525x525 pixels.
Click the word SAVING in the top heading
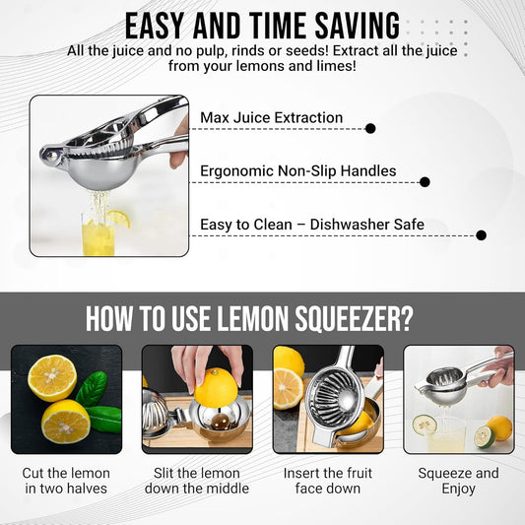tap(358, 26)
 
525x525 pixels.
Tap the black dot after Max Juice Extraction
tap(370, 128)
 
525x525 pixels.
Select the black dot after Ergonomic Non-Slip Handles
tap(425, 182)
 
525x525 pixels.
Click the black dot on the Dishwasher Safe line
tap(481, 235)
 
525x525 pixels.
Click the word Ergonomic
tap(236, 171)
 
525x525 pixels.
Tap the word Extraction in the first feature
tap(308, 118)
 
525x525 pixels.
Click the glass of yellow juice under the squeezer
tap(98, 234)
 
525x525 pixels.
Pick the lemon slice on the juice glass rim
tap(118, 219)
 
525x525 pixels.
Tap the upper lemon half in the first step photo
tap(52, 378)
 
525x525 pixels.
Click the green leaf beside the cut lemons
tap(92, 388)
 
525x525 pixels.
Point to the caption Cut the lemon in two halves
tap(66, 481)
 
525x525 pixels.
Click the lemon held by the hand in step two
tap(216, 387)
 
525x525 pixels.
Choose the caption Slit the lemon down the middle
tap(197, 481)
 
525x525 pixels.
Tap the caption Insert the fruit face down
tap(328, 481)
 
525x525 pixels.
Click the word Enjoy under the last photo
tap(458, 489)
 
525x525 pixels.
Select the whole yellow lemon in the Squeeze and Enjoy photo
tap(499, 428)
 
